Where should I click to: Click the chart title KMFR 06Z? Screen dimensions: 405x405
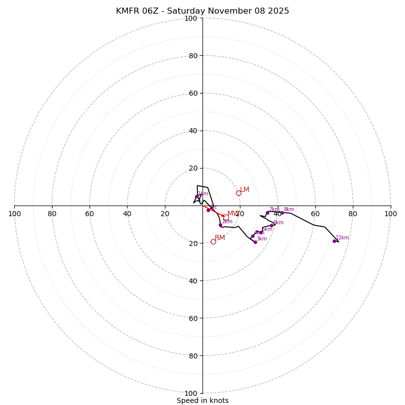(202, 11)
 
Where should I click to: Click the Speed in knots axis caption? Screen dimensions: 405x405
(202, 400)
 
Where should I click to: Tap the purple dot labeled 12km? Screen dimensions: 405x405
(334, 241)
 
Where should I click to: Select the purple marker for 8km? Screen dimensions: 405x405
(282, 213)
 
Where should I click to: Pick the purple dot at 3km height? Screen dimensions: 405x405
(255, 242)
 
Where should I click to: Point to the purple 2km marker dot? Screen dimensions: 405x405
(220, 225)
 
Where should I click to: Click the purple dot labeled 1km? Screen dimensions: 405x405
(196, 196)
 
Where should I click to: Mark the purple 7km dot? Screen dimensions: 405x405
(267, 213)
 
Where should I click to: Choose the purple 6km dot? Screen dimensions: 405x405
(271, 226)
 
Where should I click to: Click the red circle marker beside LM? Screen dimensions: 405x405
(238, 193)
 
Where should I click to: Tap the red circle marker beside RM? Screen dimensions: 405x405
(213, 241)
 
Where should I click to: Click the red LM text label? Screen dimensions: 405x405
(245, 190)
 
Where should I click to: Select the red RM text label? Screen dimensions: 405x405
(220, 238)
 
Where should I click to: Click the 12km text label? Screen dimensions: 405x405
(342, 238)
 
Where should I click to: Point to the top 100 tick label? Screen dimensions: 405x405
(191, 18)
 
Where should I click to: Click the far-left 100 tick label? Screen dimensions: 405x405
(14, 214)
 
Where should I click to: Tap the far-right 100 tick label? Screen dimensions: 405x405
(391, 214)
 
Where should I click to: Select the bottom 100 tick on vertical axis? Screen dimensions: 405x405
(191, 393)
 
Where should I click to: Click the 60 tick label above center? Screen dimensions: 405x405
(192, 93)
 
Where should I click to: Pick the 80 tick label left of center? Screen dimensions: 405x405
(52, 214)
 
